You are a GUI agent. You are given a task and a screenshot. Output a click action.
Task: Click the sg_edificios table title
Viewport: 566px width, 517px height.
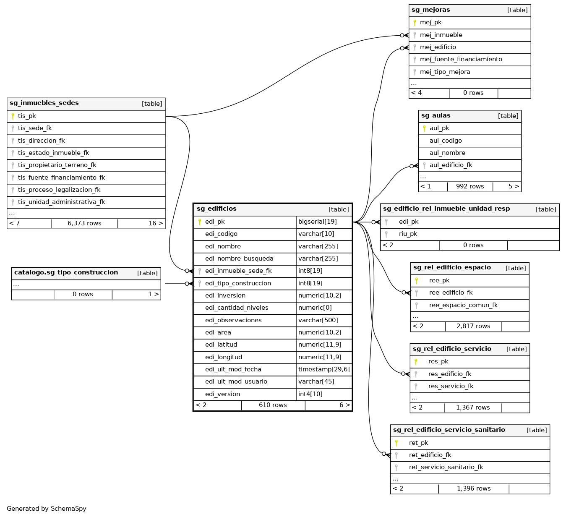(x=216, y=209)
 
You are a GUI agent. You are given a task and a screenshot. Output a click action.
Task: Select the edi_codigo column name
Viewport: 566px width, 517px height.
(x=221, y=234)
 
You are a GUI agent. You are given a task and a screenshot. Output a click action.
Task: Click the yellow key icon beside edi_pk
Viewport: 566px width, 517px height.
(x=200, y=222)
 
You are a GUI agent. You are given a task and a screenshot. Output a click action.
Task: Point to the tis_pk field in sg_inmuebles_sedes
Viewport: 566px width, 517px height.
(x=27, y=116)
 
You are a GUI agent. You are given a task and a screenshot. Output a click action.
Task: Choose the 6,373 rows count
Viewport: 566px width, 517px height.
(x=84, y=224)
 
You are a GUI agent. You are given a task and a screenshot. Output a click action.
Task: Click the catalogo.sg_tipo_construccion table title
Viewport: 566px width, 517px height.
(x=66, y=273)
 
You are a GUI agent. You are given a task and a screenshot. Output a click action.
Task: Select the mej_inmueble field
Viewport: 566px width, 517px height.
(x=441, y=35)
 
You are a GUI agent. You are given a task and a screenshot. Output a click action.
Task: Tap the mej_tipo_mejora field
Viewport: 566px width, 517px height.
(x=445, y=72)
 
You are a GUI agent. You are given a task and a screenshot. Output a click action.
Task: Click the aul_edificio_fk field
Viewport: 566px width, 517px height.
(x=451, y=165)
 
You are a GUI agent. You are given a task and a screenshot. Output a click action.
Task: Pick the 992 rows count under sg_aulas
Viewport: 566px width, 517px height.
(x=470, y=187)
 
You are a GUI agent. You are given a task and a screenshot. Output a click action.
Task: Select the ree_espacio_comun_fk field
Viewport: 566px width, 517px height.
(x=463, y=305)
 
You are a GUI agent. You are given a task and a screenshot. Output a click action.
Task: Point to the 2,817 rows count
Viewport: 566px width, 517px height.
(x=473, y=326)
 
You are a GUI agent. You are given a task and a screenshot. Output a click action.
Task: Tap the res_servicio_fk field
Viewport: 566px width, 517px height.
(x=451, y=386)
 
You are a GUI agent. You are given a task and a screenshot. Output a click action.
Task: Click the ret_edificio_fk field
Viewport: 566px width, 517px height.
(x=430, y=455)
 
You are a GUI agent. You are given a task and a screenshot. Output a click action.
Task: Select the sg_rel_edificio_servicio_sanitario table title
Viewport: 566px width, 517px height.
(x=449, y=430)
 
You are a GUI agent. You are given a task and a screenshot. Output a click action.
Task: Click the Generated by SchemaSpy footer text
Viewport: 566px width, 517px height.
(x=47, y=509)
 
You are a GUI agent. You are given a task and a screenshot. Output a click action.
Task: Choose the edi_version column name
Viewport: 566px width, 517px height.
(x=222, y=394)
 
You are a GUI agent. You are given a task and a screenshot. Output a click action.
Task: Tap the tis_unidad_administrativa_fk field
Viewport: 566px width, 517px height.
(x=61, y=202)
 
